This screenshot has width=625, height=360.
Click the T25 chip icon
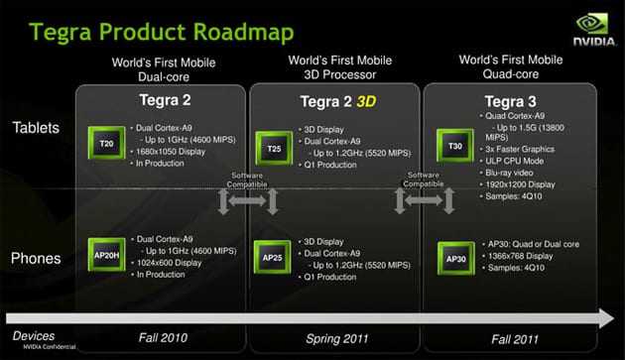coord(275,148)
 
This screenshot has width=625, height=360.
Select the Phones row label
coord(36,258)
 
